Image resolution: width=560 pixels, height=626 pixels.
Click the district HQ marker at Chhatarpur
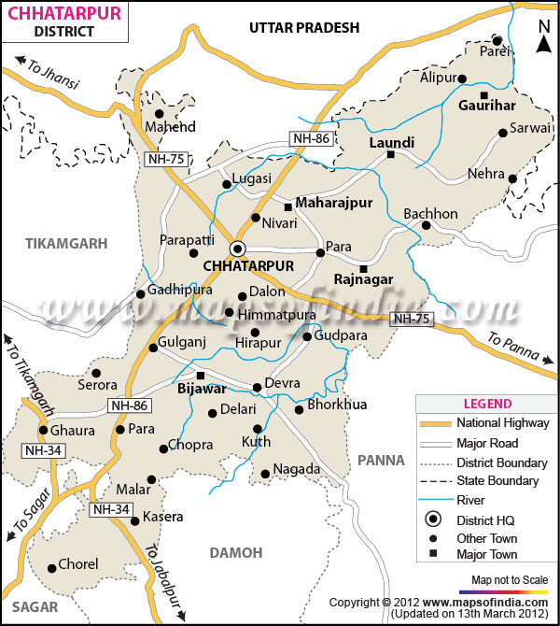(x=237, y=248)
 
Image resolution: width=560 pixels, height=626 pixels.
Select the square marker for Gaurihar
(x=483, y=95)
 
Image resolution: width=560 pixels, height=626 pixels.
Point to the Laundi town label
(x=391, y=143)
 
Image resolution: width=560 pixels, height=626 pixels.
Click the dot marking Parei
(x=497, y=40)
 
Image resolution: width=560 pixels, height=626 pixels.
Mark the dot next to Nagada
(x=265, y=474)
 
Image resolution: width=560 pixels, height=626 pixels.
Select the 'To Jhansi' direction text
(x=48, y=72)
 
